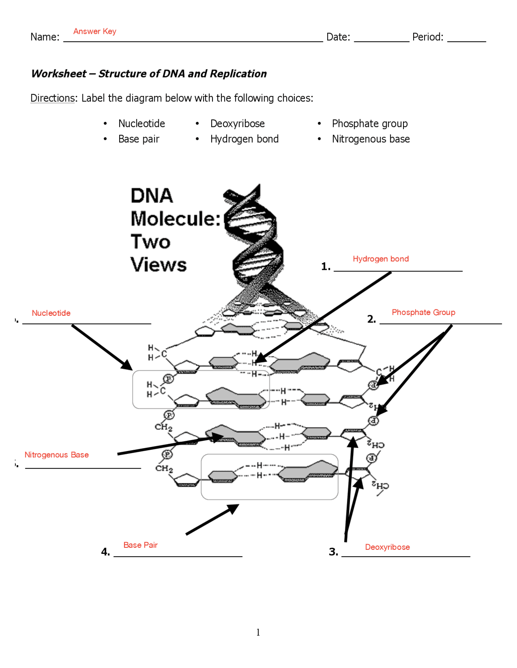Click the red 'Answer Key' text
[x=95, y=31]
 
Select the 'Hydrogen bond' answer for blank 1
[x=380, y=259]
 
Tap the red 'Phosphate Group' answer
[x=423, y=312]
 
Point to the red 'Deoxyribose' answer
[x=387, y=547]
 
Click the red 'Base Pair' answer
[x=140, y=545]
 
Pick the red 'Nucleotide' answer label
[x=51, y=313]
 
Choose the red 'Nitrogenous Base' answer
[x=57, y=455]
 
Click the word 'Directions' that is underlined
[x=53, y=98]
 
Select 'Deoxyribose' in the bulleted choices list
[x=237, y=123]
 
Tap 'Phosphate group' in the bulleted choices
[x=369, y=123]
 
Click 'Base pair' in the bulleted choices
[x=139, y=139]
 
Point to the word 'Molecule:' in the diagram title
[x=175, y=219]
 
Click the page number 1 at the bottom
[x=258, y=632]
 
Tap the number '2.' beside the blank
[x=371, y=319]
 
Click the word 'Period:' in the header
[x=427, y=37]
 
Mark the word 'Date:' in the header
[x=338, y=37]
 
